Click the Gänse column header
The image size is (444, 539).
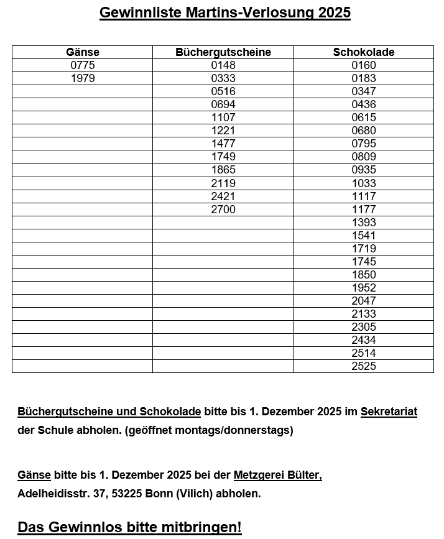tap(82, 52)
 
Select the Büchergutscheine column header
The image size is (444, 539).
tap(223, 52)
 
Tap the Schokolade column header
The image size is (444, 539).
tap(363, 52)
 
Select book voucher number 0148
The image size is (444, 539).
tap(223, 65)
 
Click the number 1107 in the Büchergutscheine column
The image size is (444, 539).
tap(223, 117)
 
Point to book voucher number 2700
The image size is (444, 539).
tap(223, 210)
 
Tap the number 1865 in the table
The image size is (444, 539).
tap(223, 170)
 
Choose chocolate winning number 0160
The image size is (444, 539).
tap(363, 65)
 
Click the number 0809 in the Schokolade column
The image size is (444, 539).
tap(363, 157)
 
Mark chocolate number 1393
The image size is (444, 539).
tap(363, 223)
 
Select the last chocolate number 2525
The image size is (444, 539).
tap(363, 366)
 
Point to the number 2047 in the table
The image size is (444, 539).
tap(363, 301)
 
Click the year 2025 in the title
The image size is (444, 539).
tap(334, 13)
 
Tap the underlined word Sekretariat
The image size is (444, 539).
tap(389, 412)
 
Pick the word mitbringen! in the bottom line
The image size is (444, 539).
tap(205, 527)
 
